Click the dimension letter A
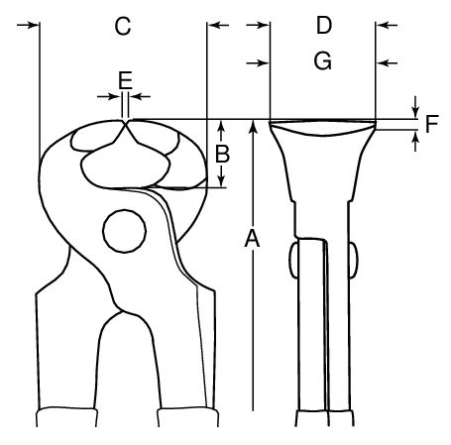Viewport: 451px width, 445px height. pyautogui.click(x=252, y=238)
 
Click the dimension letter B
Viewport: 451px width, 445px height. pyautogui.click(x=222, y=154)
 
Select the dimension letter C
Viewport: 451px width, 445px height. pyautogui.click(x=123, y=27)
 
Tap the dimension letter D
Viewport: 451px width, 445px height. pyautogui.click(x=324, y=25)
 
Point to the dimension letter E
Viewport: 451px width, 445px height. pyautogui.click(x=125, y=80)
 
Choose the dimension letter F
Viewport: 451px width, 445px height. pyautogui.click(x=431, y=124)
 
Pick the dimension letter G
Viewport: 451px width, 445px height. pyautogui.click(x=323, y=61)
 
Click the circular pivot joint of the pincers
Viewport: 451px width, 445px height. pyautogui.click(x=124, y=231)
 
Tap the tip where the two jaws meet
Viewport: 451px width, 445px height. pyautogui.click(x=125, y=123)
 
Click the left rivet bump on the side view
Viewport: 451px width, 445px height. pyautogui.click(x=293, y=261)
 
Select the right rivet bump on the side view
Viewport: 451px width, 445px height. pyautogui.click(x=354, y=261)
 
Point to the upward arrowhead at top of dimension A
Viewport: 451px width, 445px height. pyautogui.click(x=253, y=126)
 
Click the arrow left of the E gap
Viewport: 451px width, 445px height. pyautogui.click(x=108, y=97)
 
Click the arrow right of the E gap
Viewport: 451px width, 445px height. pyautogui.click(x=140, y=97)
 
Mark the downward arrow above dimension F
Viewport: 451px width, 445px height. pyautogui.click(x=416, y=107)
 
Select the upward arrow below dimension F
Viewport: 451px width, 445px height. pyautogui.click(x=416, y=141)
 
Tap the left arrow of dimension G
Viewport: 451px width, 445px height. pyautogui.click(x=257, y=62)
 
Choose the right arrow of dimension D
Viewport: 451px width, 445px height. pyautogui.click(x=388, y=25)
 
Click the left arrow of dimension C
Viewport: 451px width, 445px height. pyautogui.click(x=28, y=25)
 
